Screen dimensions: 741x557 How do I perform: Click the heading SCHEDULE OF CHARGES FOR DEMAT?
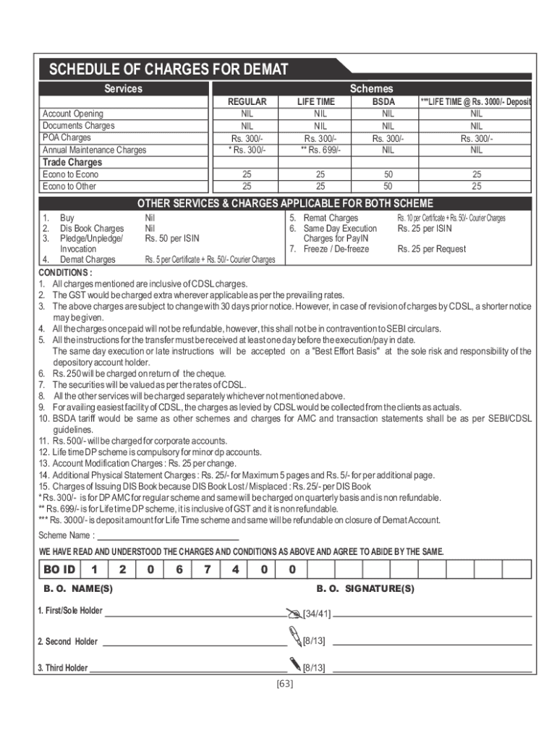(x=168, y=70)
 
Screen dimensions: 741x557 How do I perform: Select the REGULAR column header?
(x=247, y=102)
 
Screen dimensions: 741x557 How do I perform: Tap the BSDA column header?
(x=383, y=102)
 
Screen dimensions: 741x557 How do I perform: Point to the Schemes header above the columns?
(x=371, y=88)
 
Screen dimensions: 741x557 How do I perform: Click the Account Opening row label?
(x=72, y=114)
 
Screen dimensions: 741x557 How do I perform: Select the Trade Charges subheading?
(x=71, y=162)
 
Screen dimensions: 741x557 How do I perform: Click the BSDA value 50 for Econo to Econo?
(x=388, y=174)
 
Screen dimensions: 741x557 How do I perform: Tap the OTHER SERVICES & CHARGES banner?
(x=285, y=203)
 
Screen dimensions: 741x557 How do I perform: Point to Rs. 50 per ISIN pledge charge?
(x=171, y=238)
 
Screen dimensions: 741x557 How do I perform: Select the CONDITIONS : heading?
(x=65, y=273)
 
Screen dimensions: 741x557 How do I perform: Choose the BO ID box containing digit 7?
(x=208, y=569)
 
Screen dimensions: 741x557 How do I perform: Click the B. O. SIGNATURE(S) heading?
(x=365, y=589)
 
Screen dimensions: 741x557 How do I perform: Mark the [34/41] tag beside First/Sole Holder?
(x=317, y=614)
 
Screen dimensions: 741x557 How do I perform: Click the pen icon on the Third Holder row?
(x=294, y=663)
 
